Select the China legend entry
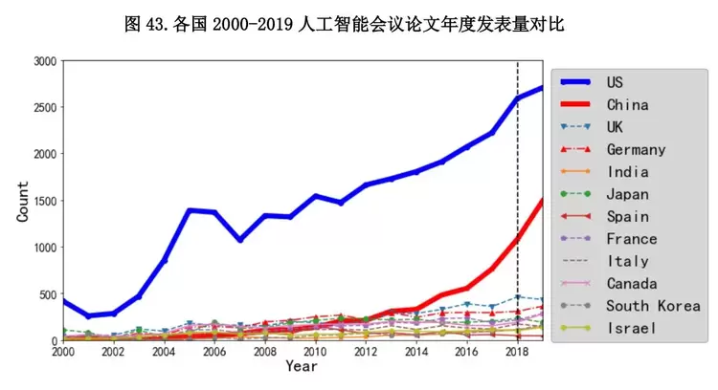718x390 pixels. click(627, 104)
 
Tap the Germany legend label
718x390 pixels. click(636, 149)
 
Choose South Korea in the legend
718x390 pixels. click(653, 306)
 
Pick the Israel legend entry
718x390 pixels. click(631, 328)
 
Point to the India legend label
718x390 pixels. click(627, 172)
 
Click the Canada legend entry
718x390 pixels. click(631, 283)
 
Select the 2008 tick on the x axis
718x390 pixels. click(265, 352)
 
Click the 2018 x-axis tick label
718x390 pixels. click(517, 352)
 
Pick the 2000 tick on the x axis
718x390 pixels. click(63, 352)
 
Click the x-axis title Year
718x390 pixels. click(301, 367)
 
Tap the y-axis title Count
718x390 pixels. click(23, 201)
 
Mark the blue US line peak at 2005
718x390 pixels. click(190, 210)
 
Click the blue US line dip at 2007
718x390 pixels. click(240, 239)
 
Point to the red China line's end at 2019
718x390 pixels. click(543, 200)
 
